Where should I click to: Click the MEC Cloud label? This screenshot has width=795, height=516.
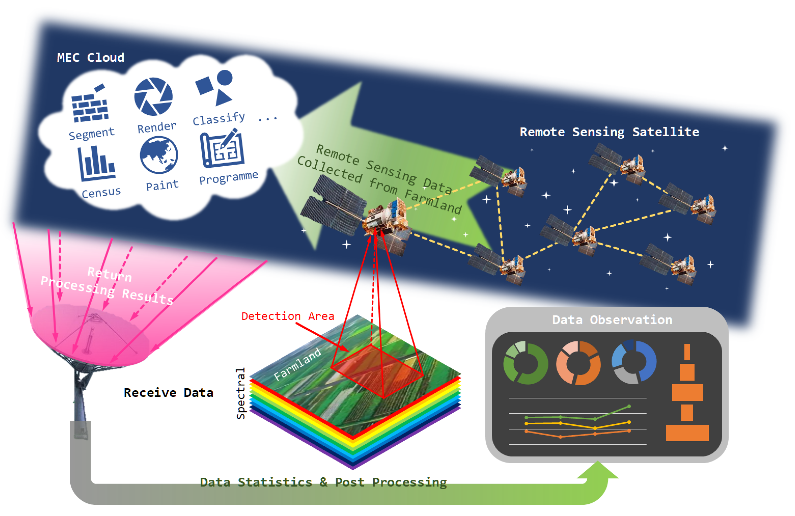(x=91, y=58)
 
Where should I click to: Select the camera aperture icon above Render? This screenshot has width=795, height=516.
(x=153, y=96)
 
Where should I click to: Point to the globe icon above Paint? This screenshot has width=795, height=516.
(x=159, y=155)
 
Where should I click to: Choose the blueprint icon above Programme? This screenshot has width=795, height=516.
(x=222, y=149)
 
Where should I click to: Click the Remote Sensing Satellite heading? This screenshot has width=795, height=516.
(x=609, y=132)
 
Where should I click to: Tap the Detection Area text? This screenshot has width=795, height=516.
(x=288, y=316)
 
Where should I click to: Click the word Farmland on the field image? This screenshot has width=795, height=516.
(x=297, y=364)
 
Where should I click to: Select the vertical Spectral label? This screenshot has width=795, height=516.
(x=241, y=393)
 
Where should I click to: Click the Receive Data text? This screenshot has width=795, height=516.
(x=168, y=393)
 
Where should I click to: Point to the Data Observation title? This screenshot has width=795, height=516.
(x=612, y=320)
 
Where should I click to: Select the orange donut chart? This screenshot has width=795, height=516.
(x=579, y=363)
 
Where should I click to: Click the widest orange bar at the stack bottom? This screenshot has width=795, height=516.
(x=687, y=433)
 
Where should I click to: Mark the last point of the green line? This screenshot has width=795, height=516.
(x=629, y=406)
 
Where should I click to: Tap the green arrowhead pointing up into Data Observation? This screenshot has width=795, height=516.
(x=597, y=470)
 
